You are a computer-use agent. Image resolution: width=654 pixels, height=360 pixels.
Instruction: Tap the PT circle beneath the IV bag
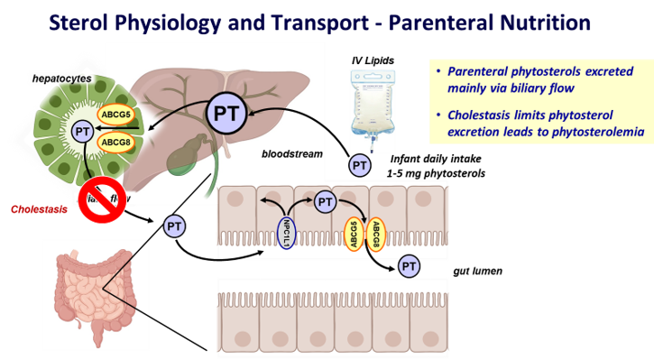pos(359,165)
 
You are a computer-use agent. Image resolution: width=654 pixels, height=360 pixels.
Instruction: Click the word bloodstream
pos(291,154)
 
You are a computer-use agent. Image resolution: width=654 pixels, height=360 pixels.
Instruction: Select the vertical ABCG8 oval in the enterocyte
pos(377,231)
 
